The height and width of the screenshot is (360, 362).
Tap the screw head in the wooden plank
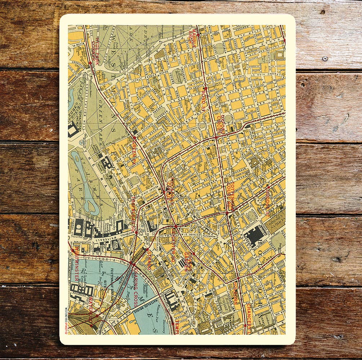[325, 58]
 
